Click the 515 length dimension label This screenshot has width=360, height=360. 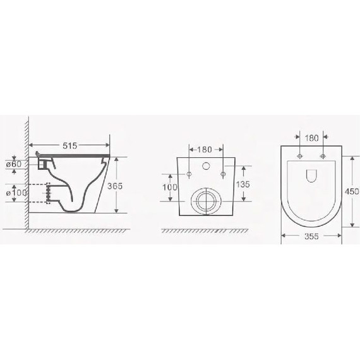pyautogui.click(x=70, y=145)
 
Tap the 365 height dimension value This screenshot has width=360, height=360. pyautogui.click(x=115, y=186)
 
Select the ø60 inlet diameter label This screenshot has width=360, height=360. pyautogui.click(x=14, y=164)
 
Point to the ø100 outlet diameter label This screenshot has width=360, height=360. pyautogui.click(x=16, y=193)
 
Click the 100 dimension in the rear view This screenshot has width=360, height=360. pyautogui.click(x=170, y=188)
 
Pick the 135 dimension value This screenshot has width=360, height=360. pyautogui.click(x=243, y=184)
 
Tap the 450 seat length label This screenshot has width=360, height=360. pyautogui.click(x=352, y=191)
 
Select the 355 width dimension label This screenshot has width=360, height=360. pyautogui.click(x=311, y=236)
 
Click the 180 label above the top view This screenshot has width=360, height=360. pyautogui.click(x=311, y=138)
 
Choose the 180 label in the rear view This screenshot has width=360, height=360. pyautogui.click(x=205, y=150)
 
